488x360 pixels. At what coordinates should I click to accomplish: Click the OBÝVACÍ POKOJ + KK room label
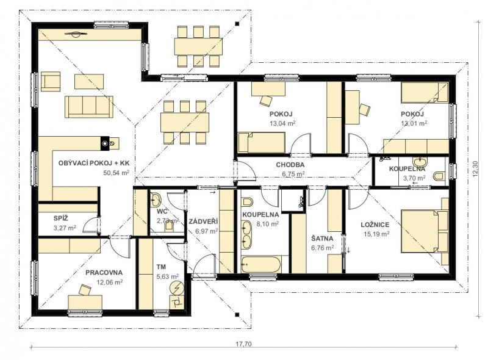point(94,163)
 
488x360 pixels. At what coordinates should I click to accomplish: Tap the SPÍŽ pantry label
point(60,218)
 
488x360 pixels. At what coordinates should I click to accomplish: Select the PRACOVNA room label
point(104,273)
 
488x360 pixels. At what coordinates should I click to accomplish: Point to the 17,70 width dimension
point(243,344)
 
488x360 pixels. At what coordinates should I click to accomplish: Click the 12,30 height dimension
point(475,169)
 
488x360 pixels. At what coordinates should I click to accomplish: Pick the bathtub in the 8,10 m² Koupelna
point(261,265)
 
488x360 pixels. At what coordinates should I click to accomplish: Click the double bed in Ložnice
point(425,232)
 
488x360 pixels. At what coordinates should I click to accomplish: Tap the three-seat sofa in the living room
point(89,107)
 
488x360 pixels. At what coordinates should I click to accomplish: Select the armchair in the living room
point(51,82)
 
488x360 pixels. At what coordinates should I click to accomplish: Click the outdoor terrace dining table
point(199,46)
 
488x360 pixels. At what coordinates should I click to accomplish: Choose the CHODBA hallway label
point(290,165)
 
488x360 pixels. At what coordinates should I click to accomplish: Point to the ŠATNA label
point(322,239)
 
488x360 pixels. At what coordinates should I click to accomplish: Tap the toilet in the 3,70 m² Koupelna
point(438,176)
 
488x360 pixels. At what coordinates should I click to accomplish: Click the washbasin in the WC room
point(156,200)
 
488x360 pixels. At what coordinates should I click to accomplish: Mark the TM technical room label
point(161,267)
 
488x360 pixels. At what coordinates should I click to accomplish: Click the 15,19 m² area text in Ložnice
point(376,234)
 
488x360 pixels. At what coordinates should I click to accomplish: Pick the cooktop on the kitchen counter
point(109,143)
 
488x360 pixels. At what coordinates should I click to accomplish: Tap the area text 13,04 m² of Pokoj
point(282,123)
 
